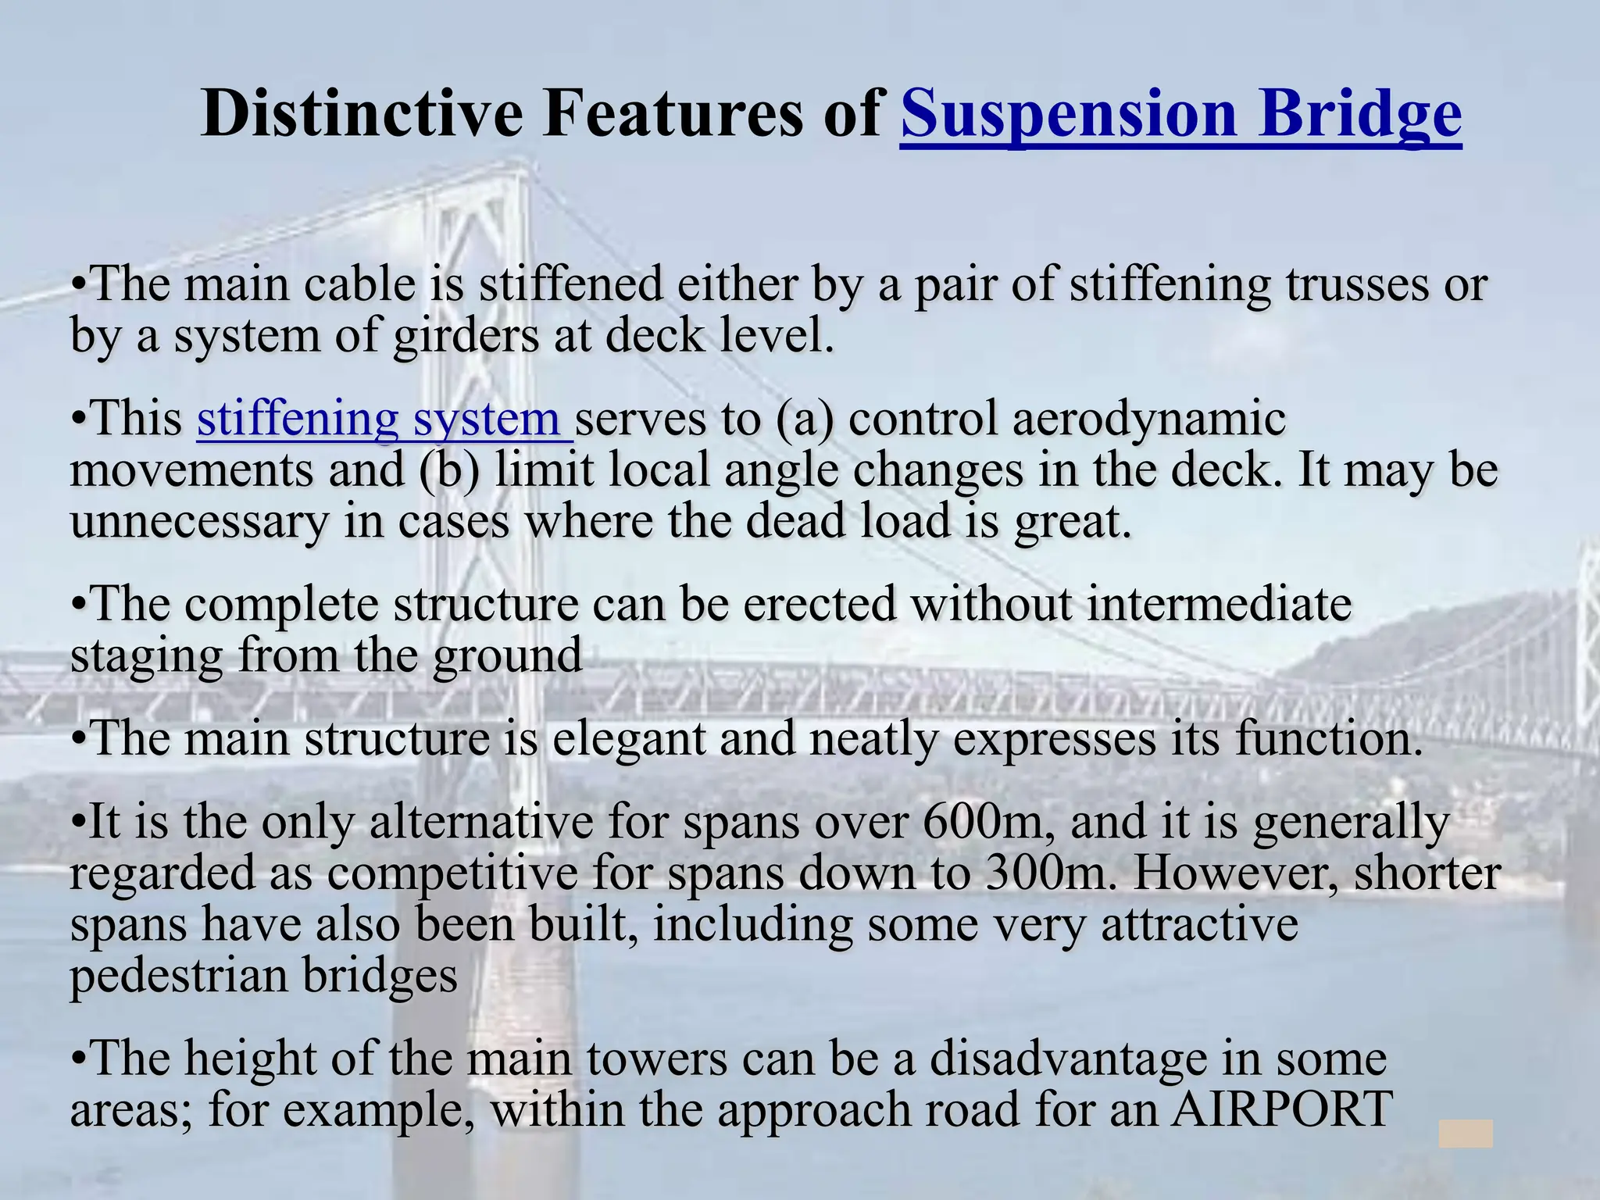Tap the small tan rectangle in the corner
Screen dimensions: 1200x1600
click(1466, 1134)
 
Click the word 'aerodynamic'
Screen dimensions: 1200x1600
click(1148, 419)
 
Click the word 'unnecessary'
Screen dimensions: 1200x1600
click(199, 522)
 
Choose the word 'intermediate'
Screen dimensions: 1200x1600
click(1219, 604)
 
